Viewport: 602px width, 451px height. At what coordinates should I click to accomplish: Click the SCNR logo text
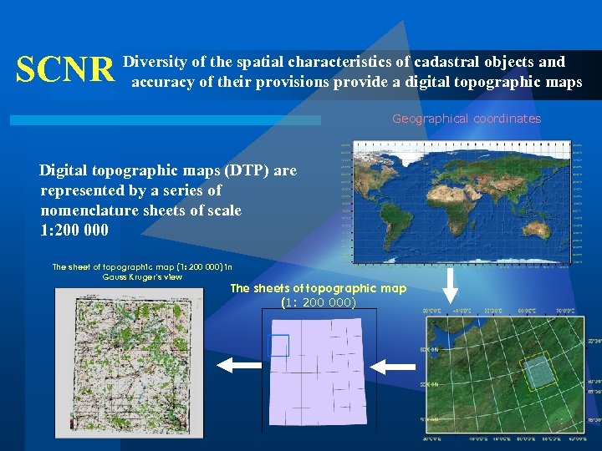[65, 71]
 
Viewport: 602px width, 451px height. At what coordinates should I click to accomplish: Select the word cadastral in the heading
[446, 62]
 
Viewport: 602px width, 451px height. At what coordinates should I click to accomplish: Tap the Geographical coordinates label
[467, 119]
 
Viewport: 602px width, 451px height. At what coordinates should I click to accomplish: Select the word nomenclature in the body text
[98, 210]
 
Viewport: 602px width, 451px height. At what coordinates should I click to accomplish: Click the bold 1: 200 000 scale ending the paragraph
[74, 231]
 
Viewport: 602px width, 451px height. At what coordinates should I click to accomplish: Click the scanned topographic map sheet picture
[129, 362]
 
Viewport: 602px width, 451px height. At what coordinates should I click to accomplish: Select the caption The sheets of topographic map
[318, 288]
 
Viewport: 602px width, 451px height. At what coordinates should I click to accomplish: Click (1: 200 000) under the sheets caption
[318, 302]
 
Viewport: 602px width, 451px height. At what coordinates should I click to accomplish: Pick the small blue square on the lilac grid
[278, 345]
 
